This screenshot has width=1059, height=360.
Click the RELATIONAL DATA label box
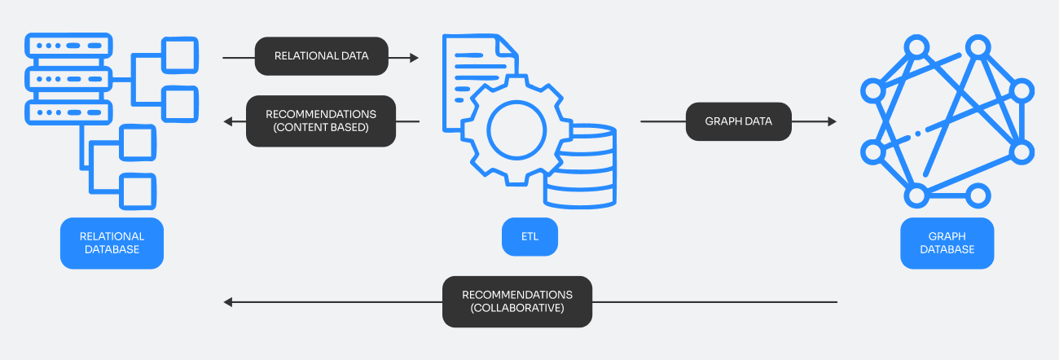pos(321,57)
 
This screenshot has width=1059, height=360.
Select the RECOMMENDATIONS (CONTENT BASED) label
pos(321,121)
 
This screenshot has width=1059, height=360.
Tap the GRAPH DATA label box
pos(738,121)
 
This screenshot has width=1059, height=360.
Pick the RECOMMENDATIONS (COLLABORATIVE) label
pos(517,302)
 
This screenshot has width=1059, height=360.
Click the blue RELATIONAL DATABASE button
pos(112,243)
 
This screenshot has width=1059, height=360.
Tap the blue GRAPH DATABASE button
pos(947,243)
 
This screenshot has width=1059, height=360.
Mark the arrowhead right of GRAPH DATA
pos(832,121)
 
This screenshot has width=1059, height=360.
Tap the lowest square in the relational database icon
pos(138,191)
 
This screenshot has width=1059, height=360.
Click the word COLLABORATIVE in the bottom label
pos(517,310)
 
